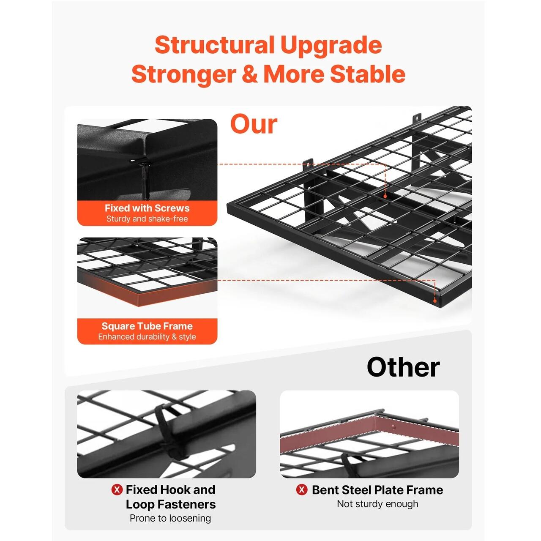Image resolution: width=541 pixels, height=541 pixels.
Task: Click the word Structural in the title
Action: pos(214,45)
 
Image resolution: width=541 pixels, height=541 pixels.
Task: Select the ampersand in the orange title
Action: pos(247,74)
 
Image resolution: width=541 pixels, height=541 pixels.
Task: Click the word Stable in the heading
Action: pos(367,74)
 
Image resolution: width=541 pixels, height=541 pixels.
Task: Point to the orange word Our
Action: pos(254,124)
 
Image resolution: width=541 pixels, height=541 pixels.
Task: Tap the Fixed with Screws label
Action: pos(147,208)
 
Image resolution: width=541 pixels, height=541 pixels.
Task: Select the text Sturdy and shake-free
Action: pos(147,219)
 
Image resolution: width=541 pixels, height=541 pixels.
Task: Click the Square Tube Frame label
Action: pos(147,326)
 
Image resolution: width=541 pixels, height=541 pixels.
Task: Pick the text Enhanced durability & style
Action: pos(147,336)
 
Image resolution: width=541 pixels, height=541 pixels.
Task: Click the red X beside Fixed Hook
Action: pos(117,490)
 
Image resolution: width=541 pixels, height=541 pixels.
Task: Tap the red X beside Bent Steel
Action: pos(302,490)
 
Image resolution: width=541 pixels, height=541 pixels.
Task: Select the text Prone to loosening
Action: pos(170,518)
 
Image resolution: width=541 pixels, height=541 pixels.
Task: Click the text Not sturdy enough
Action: pos(377,504)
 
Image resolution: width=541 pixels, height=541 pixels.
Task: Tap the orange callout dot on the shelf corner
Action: pos(434,301)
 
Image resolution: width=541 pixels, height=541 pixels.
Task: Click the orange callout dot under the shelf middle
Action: pos(385,197)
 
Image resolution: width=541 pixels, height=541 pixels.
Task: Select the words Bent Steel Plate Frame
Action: pos(377,490)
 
